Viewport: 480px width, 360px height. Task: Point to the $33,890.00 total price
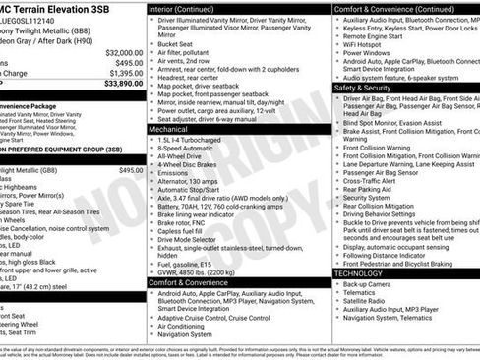122,84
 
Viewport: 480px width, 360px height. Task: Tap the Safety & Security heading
363,88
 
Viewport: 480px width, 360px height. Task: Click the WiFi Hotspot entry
363,45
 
